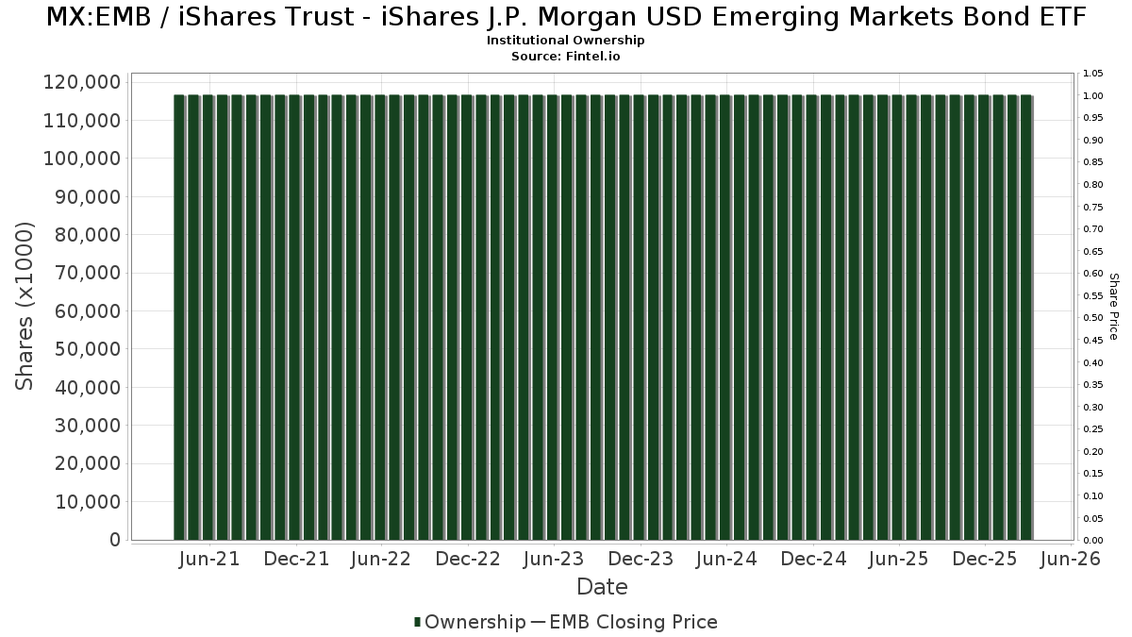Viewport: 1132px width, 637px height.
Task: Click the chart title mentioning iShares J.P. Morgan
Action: (566, 17)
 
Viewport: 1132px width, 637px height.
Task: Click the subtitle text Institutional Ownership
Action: (566, 41)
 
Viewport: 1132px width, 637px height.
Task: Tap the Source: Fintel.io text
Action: (566, 57)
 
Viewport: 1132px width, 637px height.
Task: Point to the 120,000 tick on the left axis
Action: (82, 83)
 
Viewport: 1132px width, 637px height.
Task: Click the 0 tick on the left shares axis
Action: (115, 540)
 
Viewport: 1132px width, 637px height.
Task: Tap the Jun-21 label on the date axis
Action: (209, 559)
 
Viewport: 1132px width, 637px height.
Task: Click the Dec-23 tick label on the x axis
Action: (641, 559)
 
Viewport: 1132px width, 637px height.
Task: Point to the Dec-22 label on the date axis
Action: (468, 559)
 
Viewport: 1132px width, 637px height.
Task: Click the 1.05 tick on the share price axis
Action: (1093, 74)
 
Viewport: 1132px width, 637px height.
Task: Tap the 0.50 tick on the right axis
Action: (1093, 318)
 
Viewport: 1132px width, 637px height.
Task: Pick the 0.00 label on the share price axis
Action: (1093, 541)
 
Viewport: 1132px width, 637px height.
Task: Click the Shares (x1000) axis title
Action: (25, 306)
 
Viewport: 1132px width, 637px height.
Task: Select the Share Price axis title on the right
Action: (1113, 306)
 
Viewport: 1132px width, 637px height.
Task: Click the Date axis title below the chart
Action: (602, 587)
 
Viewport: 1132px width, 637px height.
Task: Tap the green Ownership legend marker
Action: (418, 622)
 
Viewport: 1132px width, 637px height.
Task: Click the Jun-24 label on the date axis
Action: (726, 559)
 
